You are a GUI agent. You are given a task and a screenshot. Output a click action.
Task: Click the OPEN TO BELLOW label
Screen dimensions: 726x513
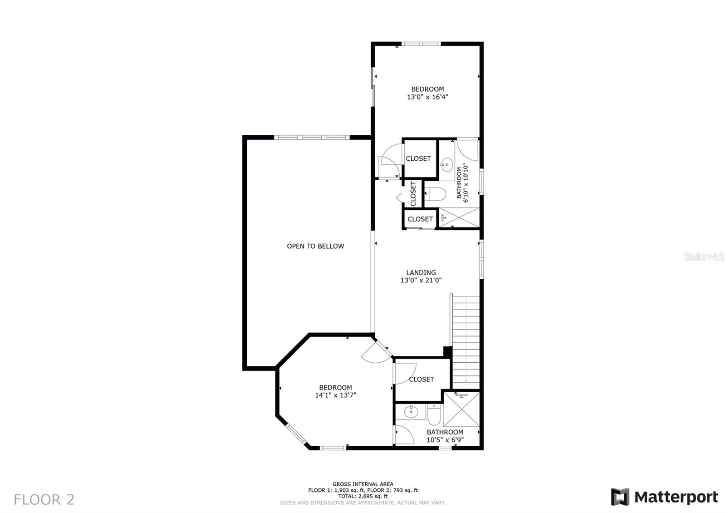tap(315, 246)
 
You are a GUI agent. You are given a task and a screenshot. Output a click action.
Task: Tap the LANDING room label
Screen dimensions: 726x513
tap(421, 273)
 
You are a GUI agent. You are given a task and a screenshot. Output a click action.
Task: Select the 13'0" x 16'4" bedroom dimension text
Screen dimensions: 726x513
tap(427, 97)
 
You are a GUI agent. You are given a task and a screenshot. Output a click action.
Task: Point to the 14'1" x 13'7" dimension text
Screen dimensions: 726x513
tap(335, 395)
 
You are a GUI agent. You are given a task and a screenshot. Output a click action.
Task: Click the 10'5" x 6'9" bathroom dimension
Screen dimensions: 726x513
tap(445, 440)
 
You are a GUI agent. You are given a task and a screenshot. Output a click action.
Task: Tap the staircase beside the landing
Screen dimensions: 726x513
tap(466, 342)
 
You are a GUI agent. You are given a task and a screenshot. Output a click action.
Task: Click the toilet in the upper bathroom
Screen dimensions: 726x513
tap(435, 194)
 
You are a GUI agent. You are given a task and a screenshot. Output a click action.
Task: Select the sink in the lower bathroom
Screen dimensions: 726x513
tap(411, 412)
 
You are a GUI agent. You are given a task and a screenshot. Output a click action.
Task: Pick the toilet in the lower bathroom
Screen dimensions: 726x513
tap(434, 415)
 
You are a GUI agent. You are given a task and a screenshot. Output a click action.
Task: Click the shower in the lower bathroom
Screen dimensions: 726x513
tap(461, 409)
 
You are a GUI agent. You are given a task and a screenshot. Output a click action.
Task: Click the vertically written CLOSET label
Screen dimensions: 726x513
tap(413, 193)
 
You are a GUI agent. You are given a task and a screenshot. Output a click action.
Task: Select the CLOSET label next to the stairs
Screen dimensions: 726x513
tap(422, 379)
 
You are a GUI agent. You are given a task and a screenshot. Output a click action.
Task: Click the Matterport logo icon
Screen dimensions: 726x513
tap(620, 497)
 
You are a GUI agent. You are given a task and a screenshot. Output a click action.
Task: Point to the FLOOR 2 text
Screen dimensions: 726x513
tap(44, 500)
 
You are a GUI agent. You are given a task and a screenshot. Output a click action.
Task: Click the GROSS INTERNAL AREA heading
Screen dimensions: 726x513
tap(363, 484)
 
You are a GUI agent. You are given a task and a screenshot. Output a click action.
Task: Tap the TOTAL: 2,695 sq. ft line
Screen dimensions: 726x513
tap(363, 496)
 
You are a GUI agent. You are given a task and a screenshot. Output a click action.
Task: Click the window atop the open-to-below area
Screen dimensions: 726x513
tap(312, 138)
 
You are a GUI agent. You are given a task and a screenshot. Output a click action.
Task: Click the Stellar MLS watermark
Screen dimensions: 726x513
tap(704, 257)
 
